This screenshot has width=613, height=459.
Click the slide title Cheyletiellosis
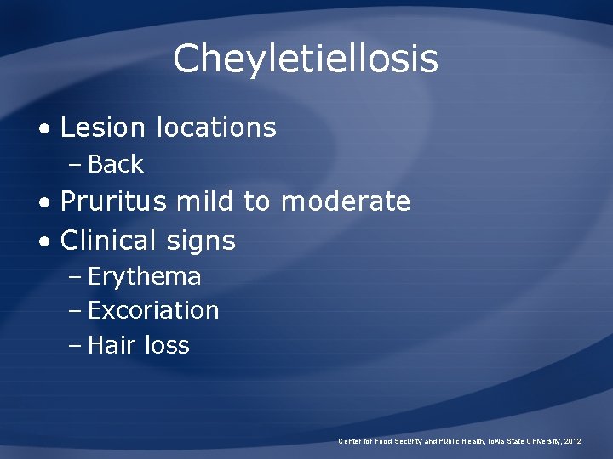306,59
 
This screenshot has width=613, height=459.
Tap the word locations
216,127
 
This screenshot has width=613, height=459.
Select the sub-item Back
116,164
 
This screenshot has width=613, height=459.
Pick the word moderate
345,202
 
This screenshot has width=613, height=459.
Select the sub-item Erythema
145,277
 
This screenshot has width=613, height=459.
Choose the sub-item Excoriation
153,311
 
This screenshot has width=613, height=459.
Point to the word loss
167,345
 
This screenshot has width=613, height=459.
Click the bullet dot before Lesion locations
44,129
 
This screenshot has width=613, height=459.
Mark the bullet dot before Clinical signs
44,242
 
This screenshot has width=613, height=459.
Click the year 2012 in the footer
570,441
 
